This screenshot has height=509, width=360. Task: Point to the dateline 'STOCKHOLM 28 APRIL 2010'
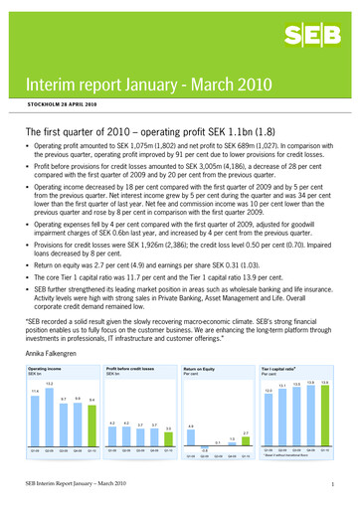point(56,104)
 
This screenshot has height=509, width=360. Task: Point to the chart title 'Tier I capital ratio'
point(283,368)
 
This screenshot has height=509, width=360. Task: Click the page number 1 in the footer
point(339,483)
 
